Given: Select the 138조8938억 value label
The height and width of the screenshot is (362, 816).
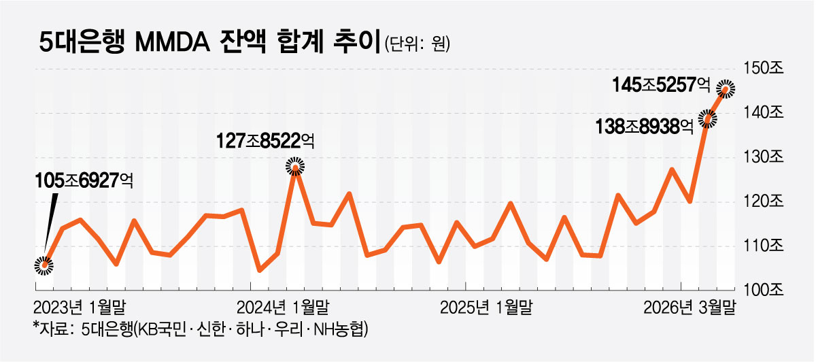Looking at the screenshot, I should point(643,126).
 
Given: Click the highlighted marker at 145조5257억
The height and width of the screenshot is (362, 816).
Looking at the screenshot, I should point(727,88).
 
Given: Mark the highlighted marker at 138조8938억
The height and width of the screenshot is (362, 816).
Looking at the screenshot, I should point(708,119).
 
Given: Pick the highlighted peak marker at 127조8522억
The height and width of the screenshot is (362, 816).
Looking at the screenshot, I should point(295,165).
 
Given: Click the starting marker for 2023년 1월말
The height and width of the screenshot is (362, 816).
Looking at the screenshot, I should point(44,265).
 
